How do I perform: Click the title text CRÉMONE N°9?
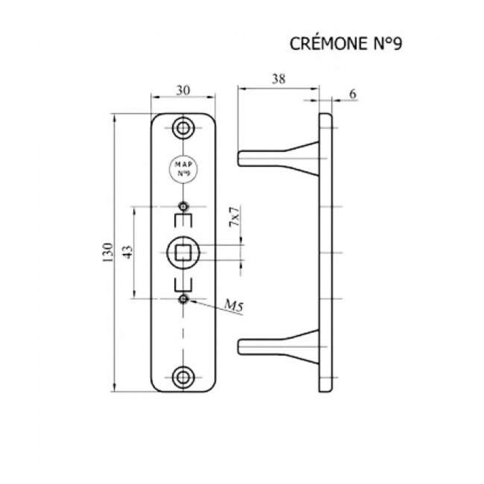(x=346, y=44)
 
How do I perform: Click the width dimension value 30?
(x=182, y=90)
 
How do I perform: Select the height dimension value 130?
(x=107, y=254)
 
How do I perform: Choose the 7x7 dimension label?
(x=235, y=219)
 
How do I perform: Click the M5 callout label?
(x=235, y=305)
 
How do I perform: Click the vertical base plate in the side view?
(x=325, y=253)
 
